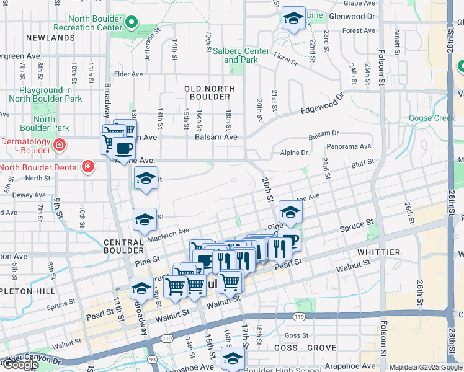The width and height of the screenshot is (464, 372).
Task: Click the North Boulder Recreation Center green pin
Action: tap(131, 24)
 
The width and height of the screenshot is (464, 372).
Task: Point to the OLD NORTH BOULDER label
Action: tap(208, 92)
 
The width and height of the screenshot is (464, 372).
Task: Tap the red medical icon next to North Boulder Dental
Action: tap(88, 167)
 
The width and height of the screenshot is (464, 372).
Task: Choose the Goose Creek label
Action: tap(432, 118)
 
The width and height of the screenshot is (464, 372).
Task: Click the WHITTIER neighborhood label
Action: tap(378, 252)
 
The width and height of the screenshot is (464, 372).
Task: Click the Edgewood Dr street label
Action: tap(321, 105)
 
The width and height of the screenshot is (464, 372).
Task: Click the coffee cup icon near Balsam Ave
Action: tap(124, 148)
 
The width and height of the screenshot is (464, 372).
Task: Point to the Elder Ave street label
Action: tap(128, 74)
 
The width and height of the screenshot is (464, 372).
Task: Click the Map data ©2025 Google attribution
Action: tap(426, 367)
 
